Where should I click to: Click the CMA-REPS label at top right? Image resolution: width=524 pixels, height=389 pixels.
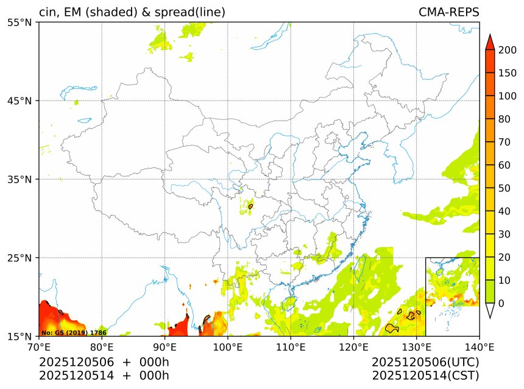(x=448, y=12)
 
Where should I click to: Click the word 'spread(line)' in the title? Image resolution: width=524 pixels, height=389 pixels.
(x=191, y=12)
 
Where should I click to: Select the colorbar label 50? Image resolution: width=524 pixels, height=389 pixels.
(x=504, y=188)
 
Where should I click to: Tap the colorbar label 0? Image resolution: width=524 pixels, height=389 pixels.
(x=501, y=303)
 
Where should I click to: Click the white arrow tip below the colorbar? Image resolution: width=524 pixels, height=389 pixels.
(x=489, y=311)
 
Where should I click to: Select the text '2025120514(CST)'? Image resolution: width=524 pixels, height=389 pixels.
(x=425, y=375)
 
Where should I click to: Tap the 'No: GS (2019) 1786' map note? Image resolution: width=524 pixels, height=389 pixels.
(x=74, y=333)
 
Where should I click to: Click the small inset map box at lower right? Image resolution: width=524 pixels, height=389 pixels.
(x=452, y=296)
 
